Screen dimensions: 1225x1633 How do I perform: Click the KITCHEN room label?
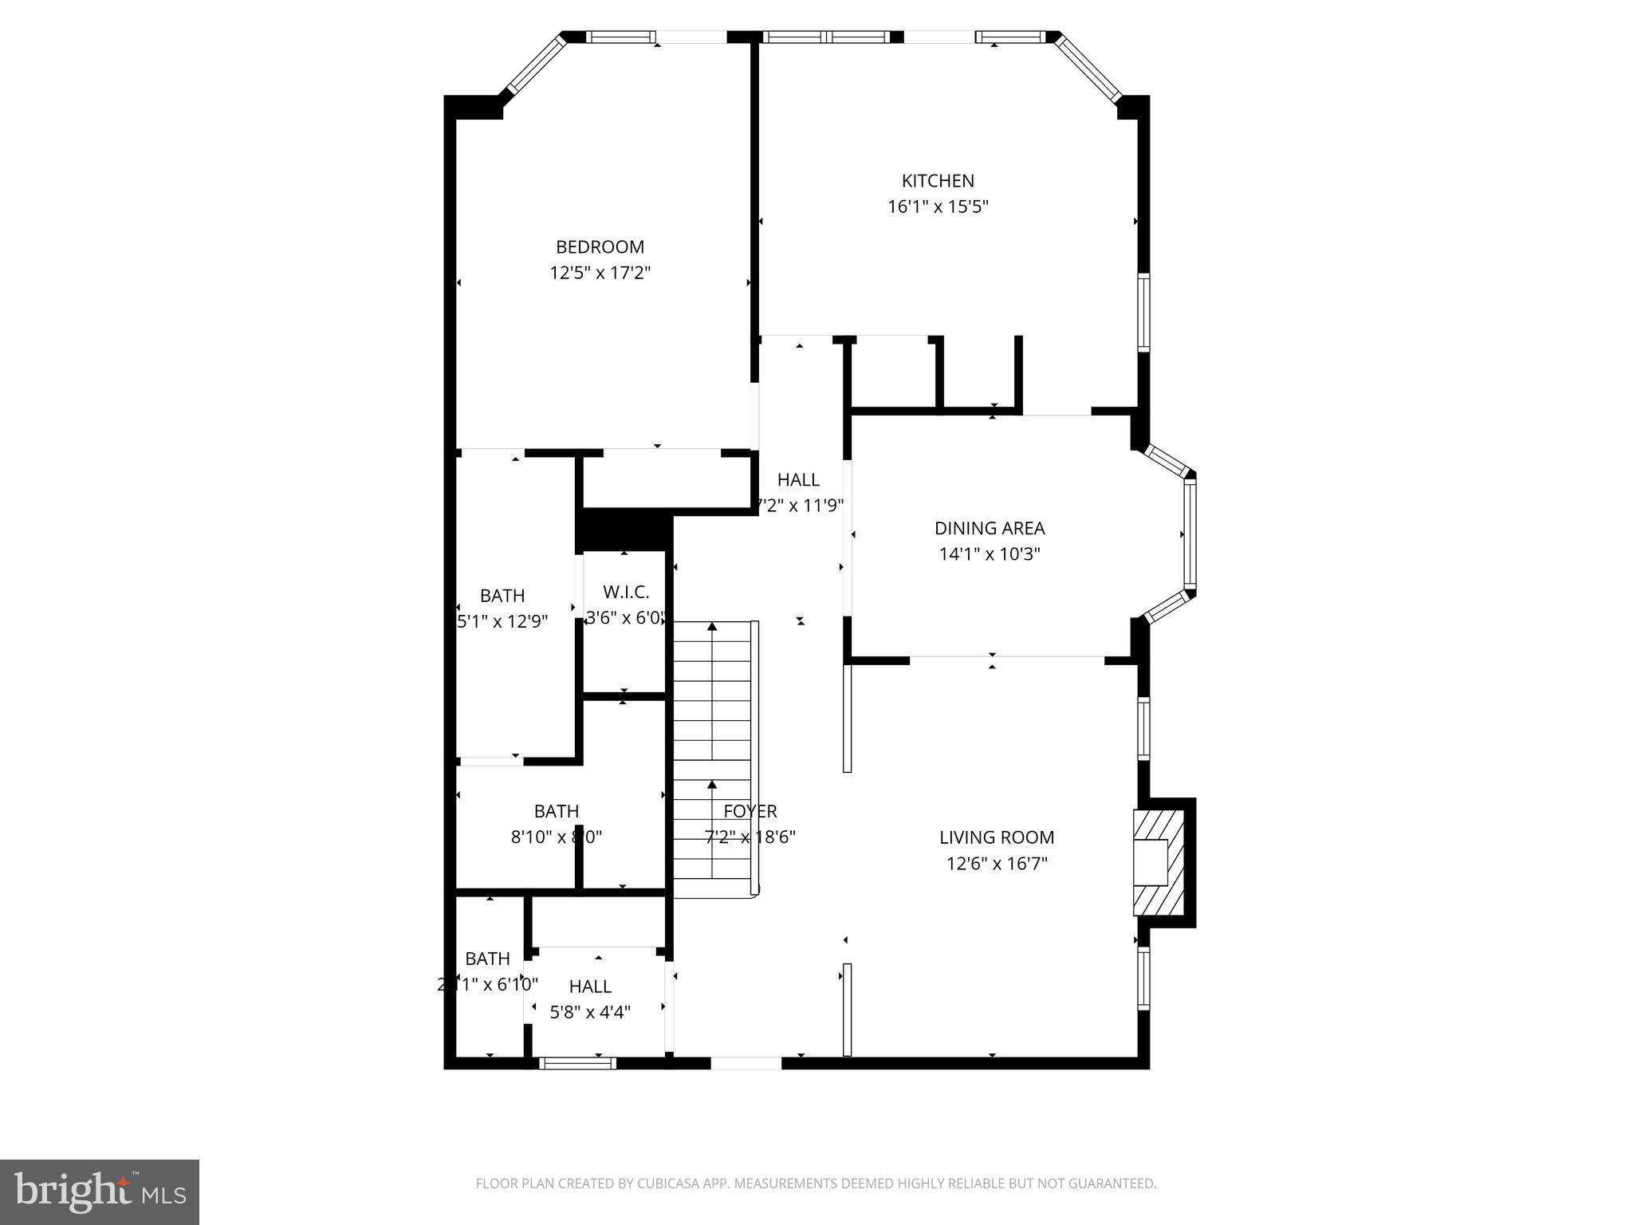click(x=938, y=181)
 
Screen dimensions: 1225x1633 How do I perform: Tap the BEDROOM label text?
click(x=600, y=247)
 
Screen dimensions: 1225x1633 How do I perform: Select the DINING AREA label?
click(x=990, y=528)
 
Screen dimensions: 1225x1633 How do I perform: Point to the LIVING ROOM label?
click(x=997, y=837)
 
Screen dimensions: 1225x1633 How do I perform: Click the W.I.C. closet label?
click(x=626, y=592)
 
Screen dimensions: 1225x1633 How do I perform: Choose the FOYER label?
click(x=750, y=811)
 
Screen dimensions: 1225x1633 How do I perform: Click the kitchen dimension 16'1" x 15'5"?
click(x=938, y=207)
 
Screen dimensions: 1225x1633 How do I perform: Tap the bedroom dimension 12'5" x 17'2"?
click(x=600, y=273)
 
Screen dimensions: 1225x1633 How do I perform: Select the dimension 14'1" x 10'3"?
click(x=990, y=553)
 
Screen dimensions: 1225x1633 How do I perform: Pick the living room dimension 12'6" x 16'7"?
click(x=997, y=863)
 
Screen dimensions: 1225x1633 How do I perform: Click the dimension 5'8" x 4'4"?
click(x=590, y=1012)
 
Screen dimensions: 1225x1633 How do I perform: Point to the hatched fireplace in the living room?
click(x=1158, y=862)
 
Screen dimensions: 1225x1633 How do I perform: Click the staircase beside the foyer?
click(x=714, y=758)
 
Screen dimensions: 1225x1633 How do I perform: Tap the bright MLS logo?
click(x=100, y=1192)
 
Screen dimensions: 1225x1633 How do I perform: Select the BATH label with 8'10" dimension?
click(x=556, y=811)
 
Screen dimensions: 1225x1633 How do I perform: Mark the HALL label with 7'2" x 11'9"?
click(x=798, y=479)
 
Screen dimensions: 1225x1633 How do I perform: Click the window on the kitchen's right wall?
click(x=1143, y=312)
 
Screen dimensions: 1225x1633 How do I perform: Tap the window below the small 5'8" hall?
click(x=578, y=1062)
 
